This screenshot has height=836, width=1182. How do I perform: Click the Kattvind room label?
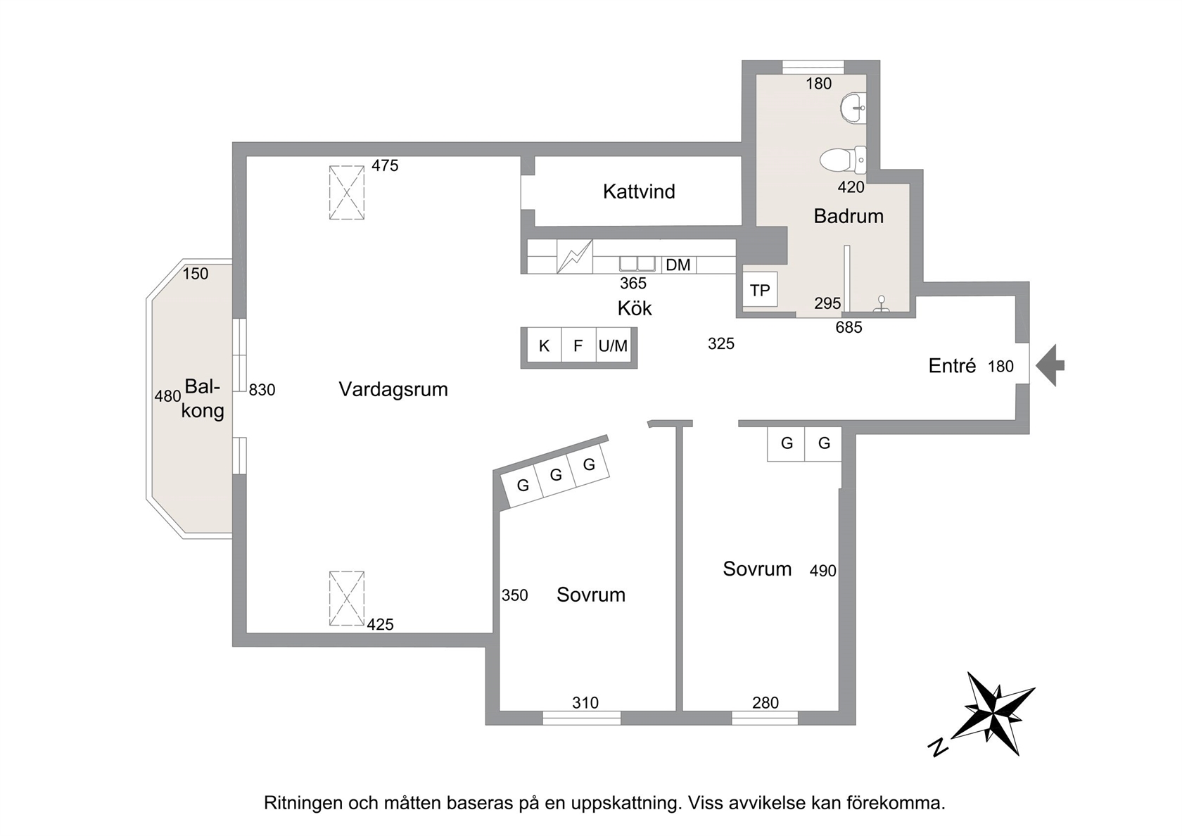point(639,191)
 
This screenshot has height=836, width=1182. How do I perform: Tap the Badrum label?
point(848,216)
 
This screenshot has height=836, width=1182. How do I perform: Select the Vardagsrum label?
point(393,390)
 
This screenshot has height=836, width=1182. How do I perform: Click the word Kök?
point(635,308)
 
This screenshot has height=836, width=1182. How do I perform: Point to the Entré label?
point(952,366)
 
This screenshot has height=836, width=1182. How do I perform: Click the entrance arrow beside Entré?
point(1050,365)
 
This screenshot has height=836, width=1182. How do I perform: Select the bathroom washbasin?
point(853,108)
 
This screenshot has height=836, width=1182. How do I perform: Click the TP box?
point(760,289)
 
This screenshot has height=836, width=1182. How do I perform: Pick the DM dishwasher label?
point(678,265)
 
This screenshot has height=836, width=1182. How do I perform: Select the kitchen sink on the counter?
point(637,264)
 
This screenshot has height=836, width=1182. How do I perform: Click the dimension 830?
point(262,390)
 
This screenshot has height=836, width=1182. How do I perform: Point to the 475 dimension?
point(385,166)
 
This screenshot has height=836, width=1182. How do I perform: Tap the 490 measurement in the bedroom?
point(822,571)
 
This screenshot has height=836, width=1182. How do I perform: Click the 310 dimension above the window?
point(585,702)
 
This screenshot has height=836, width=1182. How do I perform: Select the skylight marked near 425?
point(347,598)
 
